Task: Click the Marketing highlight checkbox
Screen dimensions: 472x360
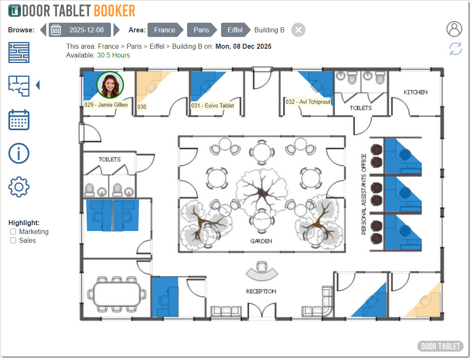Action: (x=13, y=231)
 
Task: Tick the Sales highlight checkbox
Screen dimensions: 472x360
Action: (x=13, y=240)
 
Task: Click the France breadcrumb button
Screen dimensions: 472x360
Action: (x=165, y=30)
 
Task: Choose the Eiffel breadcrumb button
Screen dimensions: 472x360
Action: (x=235, y=30)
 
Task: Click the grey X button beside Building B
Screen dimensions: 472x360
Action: (x=298, y=30)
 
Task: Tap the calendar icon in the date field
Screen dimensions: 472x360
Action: (x=55, y=30)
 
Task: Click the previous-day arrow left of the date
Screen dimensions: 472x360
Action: (x=43, y=30)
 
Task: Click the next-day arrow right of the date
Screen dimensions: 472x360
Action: (x=116, y=30)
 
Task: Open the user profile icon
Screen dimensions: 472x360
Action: (x=454, y=29)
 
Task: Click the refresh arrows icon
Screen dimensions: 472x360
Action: (x=456, y=49)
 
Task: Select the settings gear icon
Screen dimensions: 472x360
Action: (x=18, y=187)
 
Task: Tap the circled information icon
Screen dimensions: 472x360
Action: (x=18, y=153)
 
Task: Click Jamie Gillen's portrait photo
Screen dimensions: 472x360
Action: (x=110, y=85)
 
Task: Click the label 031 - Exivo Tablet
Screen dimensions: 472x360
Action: (x=213, y=105)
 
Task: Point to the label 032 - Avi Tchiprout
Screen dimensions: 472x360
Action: (x=308, y=102)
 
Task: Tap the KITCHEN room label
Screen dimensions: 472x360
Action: (x=415, y=92)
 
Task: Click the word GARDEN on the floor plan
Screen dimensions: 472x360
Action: (x=261, y=241)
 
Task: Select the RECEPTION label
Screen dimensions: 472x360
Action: (x=261, y=292)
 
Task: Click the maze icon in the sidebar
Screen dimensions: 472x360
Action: (x=18, y=53)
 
